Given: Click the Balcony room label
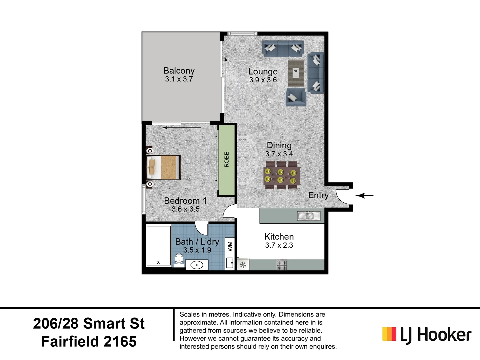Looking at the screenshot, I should [179, 71].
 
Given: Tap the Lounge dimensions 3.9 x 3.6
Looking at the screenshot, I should [263, 80].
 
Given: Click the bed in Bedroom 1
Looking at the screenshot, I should [164, 167].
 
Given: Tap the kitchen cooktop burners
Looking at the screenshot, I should [282, 265].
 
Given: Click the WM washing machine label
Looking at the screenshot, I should [230, 247].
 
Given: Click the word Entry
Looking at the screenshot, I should [318, 195].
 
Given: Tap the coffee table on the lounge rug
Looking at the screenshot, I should [296, 73].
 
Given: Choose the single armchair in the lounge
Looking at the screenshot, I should [296, 97].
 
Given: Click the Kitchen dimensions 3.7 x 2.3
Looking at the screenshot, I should [279, 245].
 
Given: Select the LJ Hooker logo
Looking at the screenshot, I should [427, 334].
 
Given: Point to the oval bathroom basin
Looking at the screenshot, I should [197, 265].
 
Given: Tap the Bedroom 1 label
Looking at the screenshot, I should [185, 201].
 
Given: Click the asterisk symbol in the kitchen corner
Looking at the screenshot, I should [243, 265].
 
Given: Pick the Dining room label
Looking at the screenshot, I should [279, 145].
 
